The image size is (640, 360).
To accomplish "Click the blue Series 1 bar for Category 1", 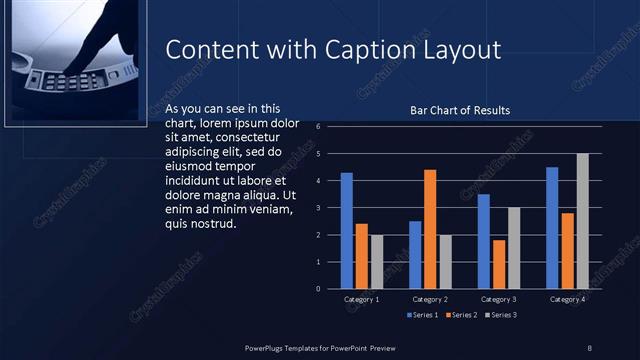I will pyautogui.click(x=347, y=231).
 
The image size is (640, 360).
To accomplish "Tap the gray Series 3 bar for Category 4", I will pyautogui.click(x=582, y=221).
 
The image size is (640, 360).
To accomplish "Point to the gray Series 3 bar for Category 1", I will pyautogui.click(x=376, y=262).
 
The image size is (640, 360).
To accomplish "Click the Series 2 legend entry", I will pyautogui.click(x=461, y=315).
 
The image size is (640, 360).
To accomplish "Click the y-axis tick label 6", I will pyautogui.click(x=317, y=127).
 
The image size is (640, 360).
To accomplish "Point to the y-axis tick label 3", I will pyautogui.click(x=317, y=208).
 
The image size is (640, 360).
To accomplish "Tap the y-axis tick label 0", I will pyautogui.click(x=317, y=289).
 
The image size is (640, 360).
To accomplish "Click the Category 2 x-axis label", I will pyautogui.click(x=430, y=299).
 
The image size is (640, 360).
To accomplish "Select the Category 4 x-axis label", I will pyautogui.click(x=567, y=299).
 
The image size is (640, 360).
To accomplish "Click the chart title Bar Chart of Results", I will pyautogui.click(x=460, y=110).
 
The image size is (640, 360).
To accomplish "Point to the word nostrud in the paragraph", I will pyautogui.click(x=212, y=223).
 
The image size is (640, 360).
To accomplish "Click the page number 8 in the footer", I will pyautogui.click(x=590, y=347).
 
